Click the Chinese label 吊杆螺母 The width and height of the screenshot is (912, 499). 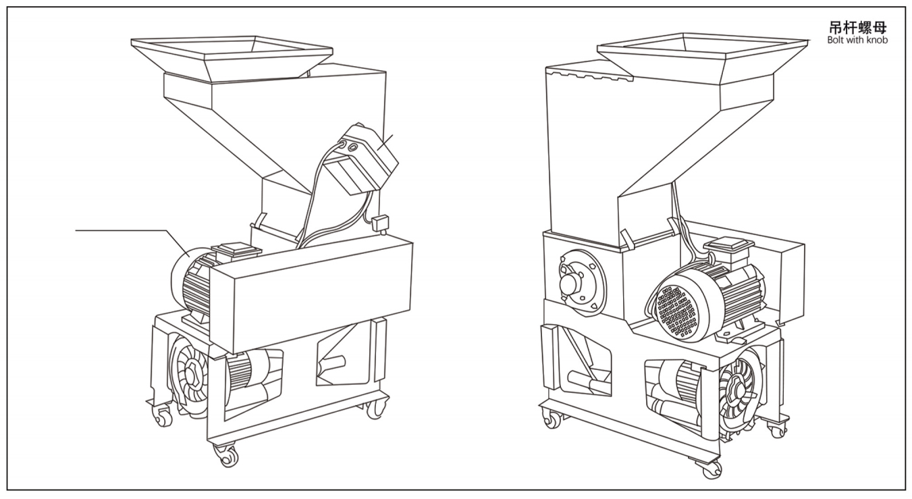click(x=858, y=28)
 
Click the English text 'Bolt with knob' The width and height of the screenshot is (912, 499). click(x=857, y=40)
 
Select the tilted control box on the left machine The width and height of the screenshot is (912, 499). click(x=362, y=159)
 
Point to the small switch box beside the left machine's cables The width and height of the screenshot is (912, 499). click(x=380, y=224)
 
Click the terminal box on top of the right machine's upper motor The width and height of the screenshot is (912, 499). click(x=728, y=245)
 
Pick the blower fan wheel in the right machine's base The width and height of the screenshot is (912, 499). click(x=738, y=391)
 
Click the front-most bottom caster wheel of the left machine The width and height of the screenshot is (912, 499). click(x=227, y=455)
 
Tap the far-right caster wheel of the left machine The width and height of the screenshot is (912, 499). click(x=376, y=408)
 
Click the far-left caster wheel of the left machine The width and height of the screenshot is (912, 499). click(x=162, y=417)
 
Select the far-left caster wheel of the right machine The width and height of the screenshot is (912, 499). click(x=552, y=419)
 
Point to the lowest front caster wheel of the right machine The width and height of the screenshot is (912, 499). click(x=710, y=469)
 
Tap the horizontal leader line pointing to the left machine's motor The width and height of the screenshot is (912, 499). click(x=121, y=230)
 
